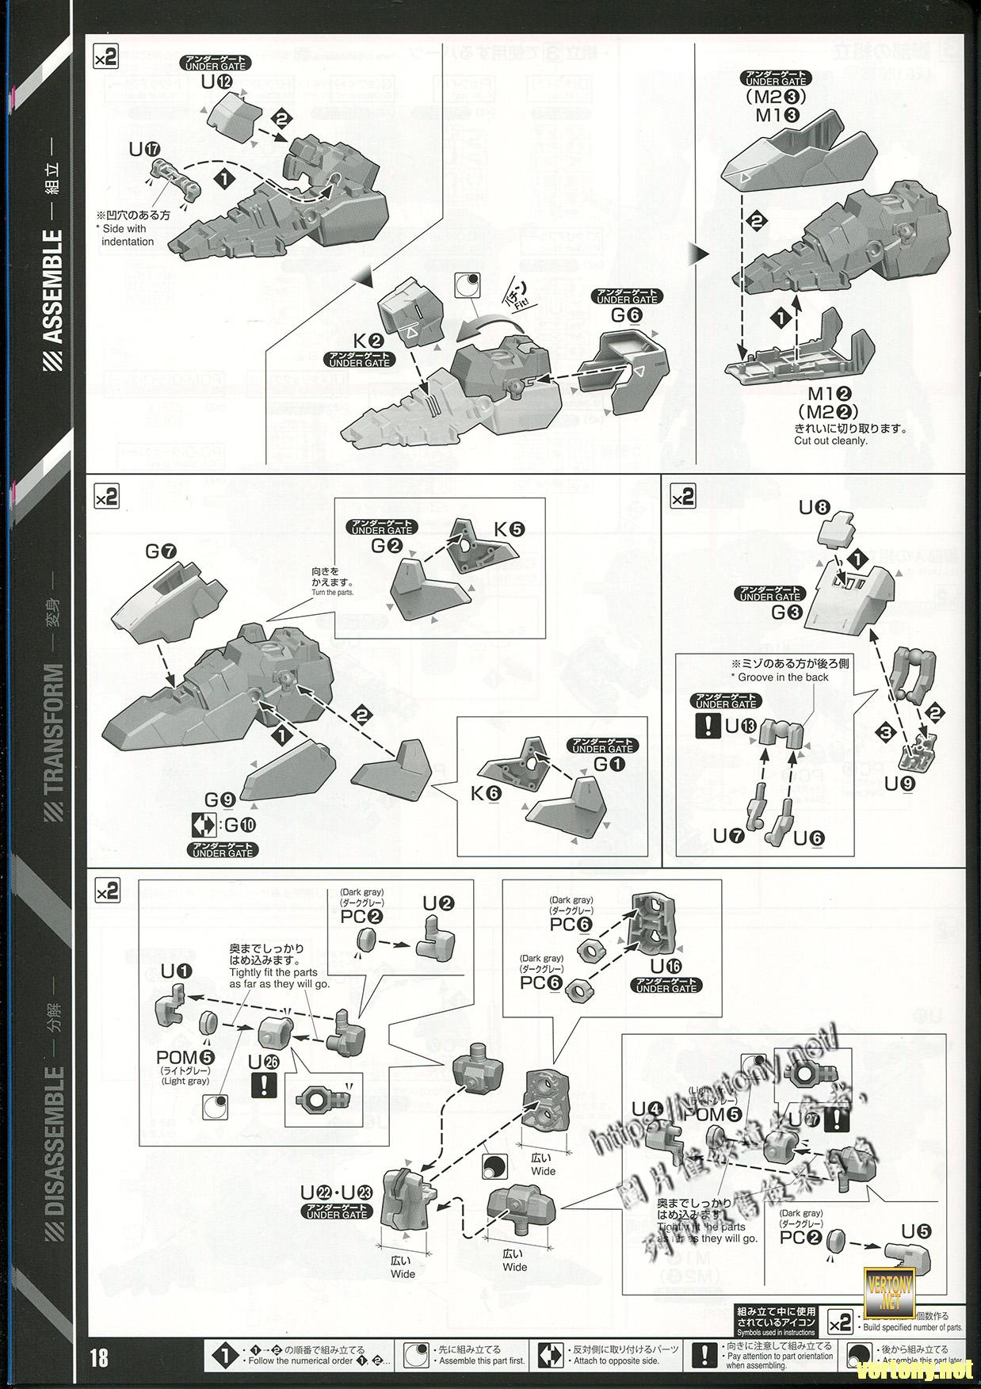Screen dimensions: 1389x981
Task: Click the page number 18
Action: [x=99, y=1357]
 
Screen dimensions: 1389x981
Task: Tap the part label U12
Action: [x=216, y=82]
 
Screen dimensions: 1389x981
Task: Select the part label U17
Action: [x=147, y=149]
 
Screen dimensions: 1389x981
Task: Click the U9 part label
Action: [x=900, y=784]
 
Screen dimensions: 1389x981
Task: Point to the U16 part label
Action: [x=665, y=966]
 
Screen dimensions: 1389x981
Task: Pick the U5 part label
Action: [x=917, y=1231]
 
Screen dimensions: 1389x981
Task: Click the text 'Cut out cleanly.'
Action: [x=830, y=441]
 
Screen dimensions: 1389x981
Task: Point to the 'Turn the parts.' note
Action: [x=333, y=592]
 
